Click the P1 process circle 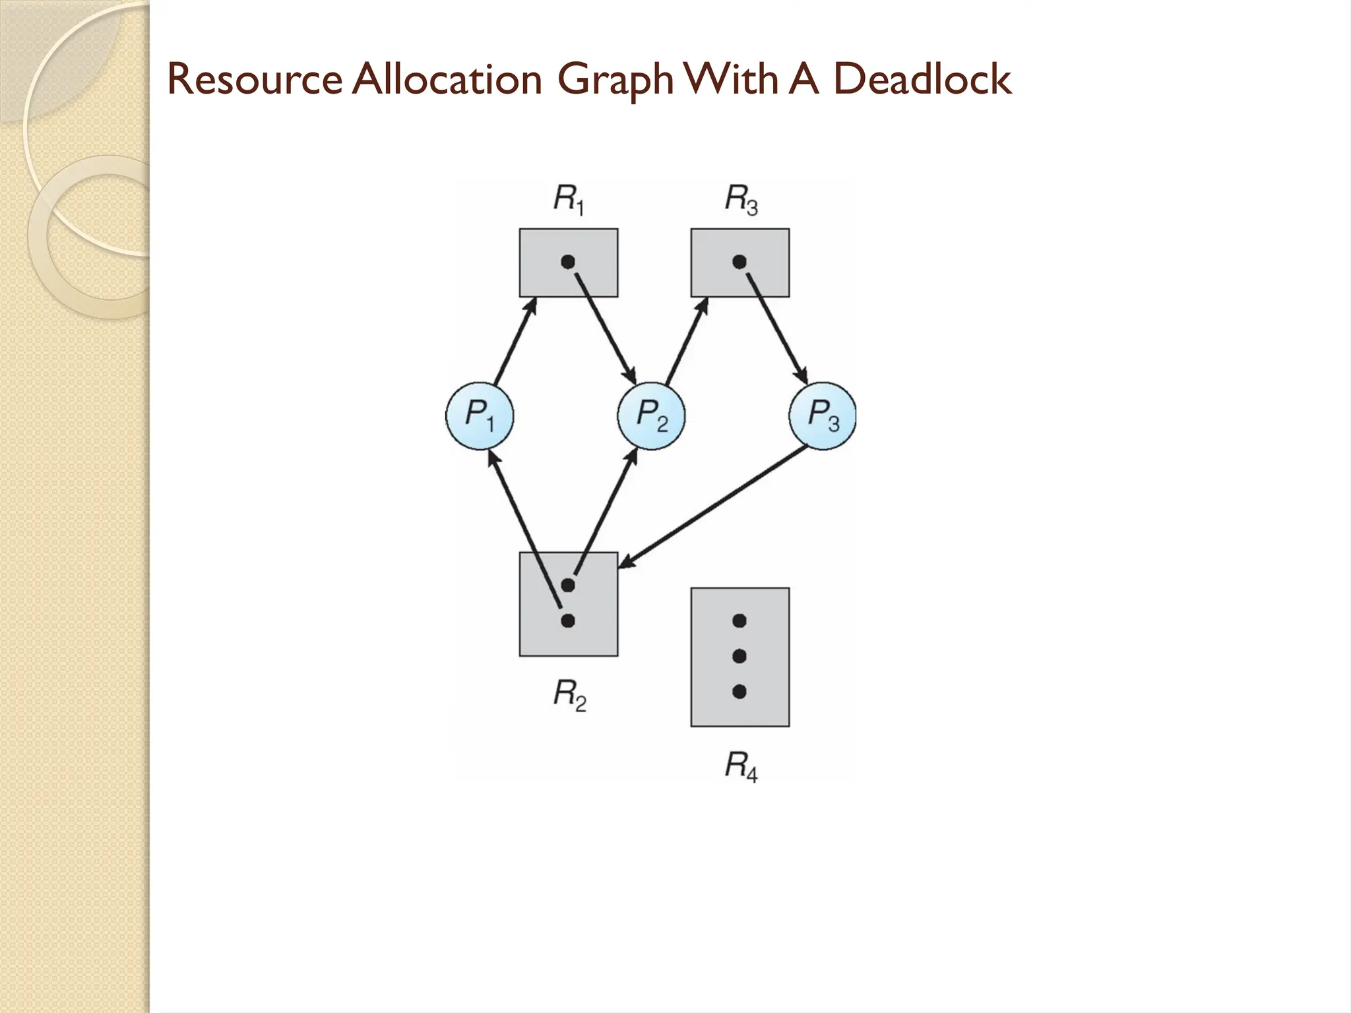[480, 416]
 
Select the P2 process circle [651, 416]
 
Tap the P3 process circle [823, 416]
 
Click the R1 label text [569, 199]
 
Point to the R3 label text [741, 199]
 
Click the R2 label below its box [569, 695]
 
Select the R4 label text [741, 766]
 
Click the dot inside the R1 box [567, 262]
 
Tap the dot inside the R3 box [739, 262]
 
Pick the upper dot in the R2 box [567, 584]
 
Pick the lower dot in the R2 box [567, 621]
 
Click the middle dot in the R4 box [739, 656]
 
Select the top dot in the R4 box [739, 621]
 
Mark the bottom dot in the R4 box [739, 692]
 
